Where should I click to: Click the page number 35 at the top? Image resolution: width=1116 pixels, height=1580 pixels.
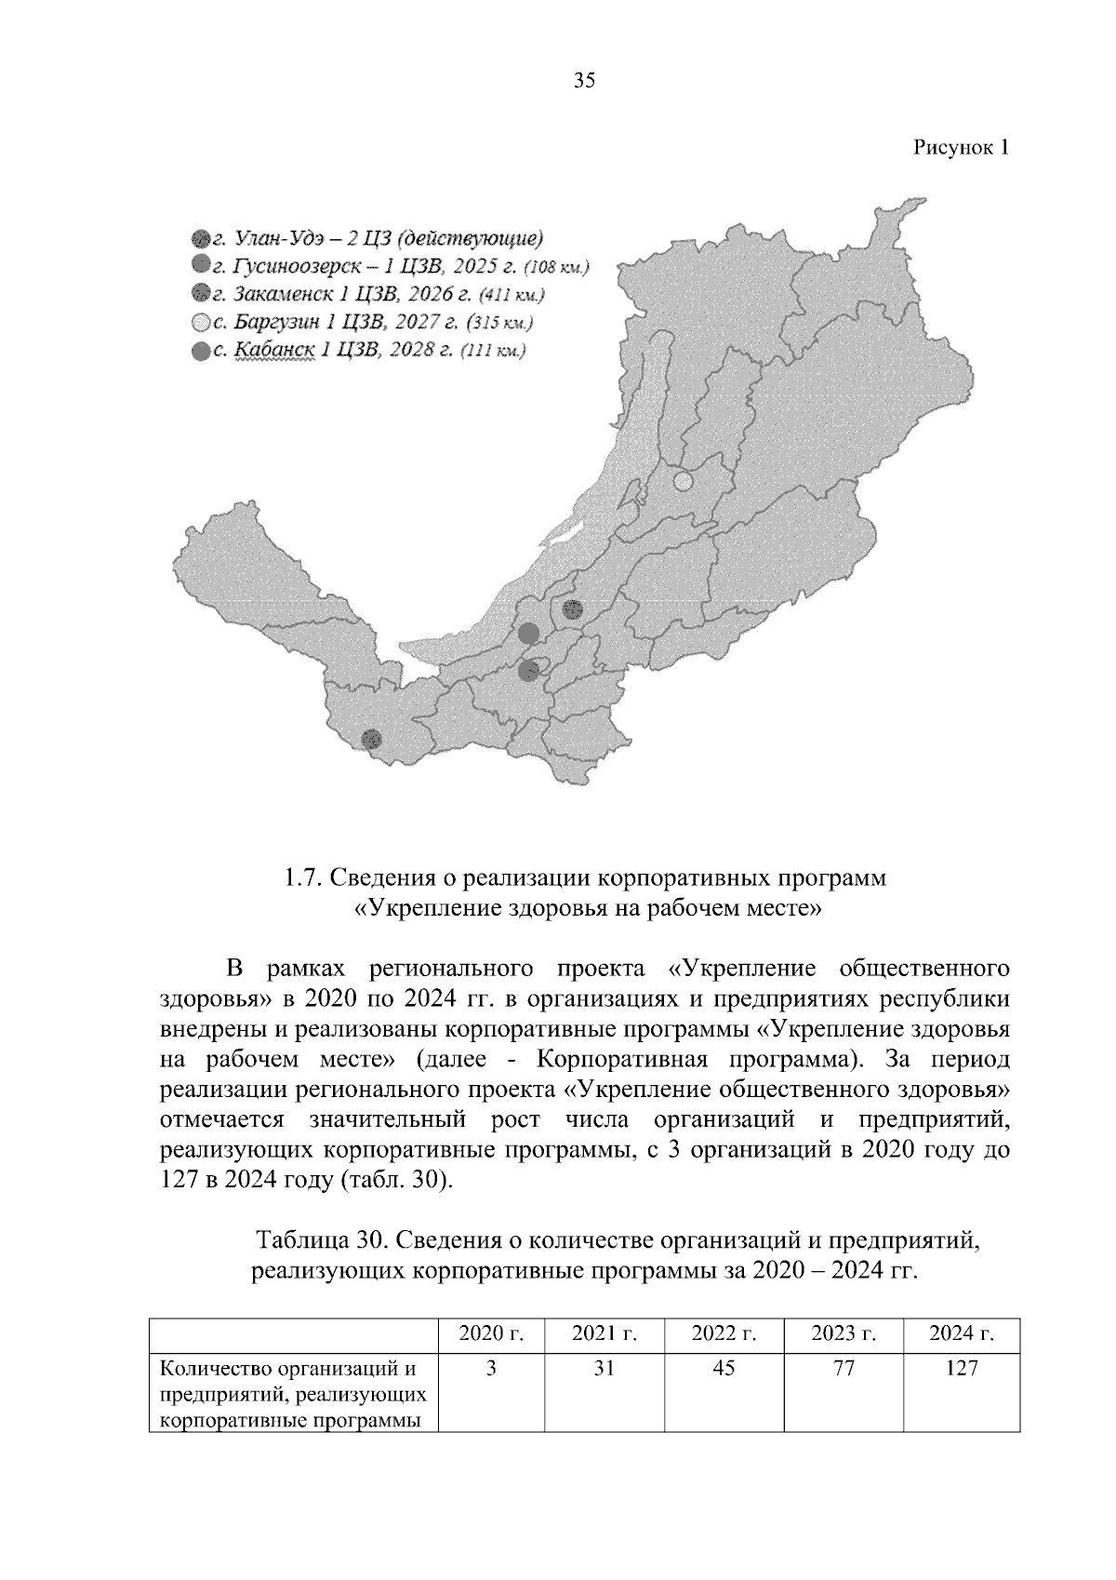(x=584, y=81)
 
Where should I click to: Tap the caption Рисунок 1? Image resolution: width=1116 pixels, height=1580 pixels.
(x=961, y=147)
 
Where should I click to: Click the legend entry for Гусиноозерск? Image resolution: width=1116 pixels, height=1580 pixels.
(x=390, y=267)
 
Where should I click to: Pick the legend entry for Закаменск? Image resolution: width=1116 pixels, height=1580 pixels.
(x=367, y=295)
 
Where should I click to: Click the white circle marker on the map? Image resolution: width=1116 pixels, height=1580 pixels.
(x=683, y=482)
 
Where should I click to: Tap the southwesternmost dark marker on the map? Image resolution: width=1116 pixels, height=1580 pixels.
(x=371, y=739)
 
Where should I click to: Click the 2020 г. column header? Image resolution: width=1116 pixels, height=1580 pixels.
(x=491, y=1334)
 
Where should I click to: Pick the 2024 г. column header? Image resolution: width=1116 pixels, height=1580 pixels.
(x=962, y=1334)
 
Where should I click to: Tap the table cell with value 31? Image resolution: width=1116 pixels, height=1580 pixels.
(x=604, y=1368)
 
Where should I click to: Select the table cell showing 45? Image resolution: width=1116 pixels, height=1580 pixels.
(x=724, y=1368)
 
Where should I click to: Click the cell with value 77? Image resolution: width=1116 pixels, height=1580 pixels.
(x=844, y=1368)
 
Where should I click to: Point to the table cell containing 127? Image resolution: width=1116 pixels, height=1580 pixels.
(x=962, y=1368)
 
